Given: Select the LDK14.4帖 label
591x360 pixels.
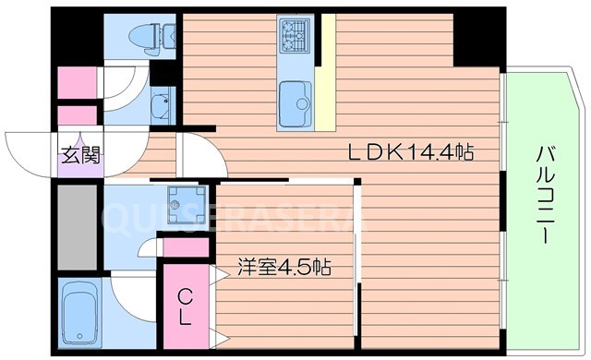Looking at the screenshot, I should [x=410, y=153].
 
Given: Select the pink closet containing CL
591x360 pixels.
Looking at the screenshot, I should [x=187, y=306].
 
